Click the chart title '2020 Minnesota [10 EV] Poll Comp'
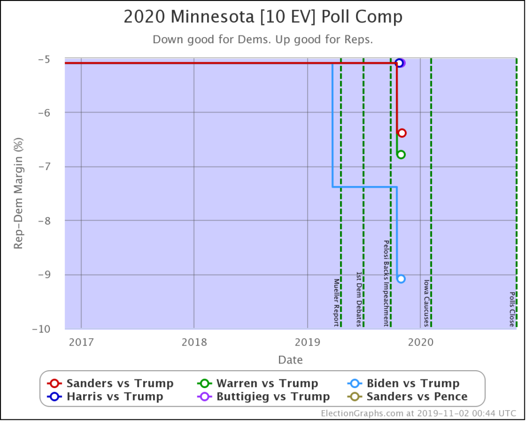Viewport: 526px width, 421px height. point(263,17)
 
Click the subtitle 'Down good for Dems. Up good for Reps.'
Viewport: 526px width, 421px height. point(263,40)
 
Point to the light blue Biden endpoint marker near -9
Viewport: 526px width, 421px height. point(401,279)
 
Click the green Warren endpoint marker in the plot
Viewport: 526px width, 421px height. point(401,154)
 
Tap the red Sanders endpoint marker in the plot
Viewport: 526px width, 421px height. point(402,133)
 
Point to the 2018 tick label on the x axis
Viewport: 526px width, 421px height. point(194,342)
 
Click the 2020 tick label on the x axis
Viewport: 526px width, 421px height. point(420,342)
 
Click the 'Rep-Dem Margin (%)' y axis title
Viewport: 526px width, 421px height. point(18,193)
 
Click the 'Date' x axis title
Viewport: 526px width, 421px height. point(290,360)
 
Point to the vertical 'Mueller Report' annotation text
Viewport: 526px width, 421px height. point(336,302)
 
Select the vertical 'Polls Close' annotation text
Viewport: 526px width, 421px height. point(512,309)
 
